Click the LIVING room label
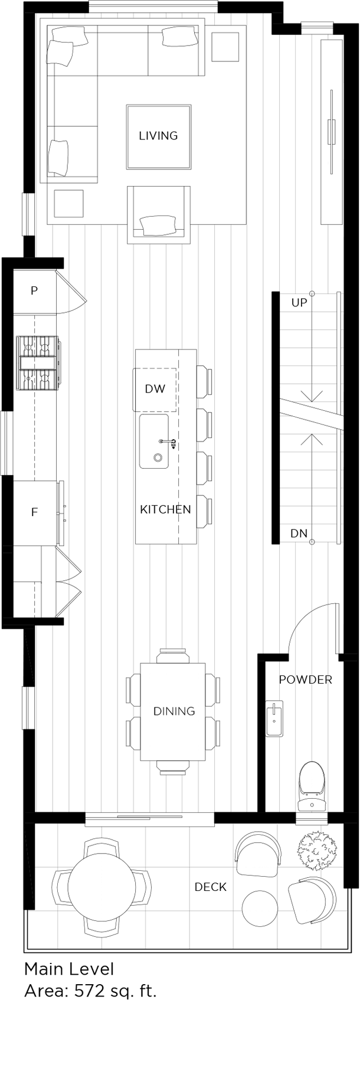pos(158,136)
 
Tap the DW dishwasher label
pos(155,388)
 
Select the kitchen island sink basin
pos(154,441)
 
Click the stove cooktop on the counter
pos(38,363)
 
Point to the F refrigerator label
pos(34,512)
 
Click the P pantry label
pos(34,290)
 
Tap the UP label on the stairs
pos(299,303)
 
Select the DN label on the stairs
pos(299,534)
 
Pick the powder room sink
pos(274,717)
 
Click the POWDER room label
pos(305,680)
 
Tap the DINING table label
pos(174,711)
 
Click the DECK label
pos(210,887)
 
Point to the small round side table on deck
pos(259,909)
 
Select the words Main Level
pos(69,969)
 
